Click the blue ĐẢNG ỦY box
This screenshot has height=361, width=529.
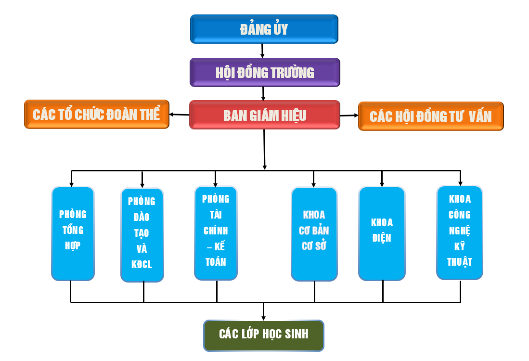pyautogui.click(x=264, y=29)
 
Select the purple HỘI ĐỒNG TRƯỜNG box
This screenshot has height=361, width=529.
pyautogui.click(x=265, y=73)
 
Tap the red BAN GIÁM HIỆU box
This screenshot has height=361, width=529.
pyautogui.click(x=265, y=115)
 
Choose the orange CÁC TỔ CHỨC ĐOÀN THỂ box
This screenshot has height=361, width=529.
pyautogui.click(x=97, y=115)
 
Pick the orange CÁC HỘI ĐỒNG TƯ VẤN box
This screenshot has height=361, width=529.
pyautogui.click(x=431, y=116)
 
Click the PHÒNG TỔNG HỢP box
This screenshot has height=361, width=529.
pyautogui.click(x=73, y=233)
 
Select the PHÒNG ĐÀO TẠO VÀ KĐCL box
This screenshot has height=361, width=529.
pyautogui.click(x=142, y=235)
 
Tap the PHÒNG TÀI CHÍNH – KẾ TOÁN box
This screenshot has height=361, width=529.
pyautogui.click(x=216, y=233)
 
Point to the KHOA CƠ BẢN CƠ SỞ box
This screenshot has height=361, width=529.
pyautogui.click(x=314, y=234)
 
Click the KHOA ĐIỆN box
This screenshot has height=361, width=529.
pyautogui.click(x=382, y=233)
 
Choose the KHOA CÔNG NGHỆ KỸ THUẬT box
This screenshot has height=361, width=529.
pyautogui.click(x=460, y=232)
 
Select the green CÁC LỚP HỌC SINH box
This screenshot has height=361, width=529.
pyautogui.click(x=264, y=335)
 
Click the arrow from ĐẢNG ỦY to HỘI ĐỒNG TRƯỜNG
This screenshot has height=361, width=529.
pyautogui.click(x=262, y=51)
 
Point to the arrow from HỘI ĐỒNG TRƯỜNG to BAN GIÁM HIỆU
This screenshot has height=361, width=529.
pyautogui.click(x=263, y=93)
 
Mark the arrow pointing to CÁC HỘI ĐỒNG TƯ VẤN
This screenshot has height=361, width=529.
pyautogui.click(x=349, y=116)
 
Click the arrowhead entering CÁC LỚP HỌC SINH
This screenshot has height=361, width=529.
pyautogui.click(x=264, y=317)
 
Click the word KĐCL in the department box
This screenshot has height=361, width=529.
pyautogui.click(x=142, y=265)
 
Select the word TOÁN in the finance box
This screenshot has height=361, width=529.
pyautogui.click(x=216, y=262)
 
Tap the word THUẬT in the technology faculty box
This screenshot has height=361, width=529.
pyautogui.click(x=460, y=262)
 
